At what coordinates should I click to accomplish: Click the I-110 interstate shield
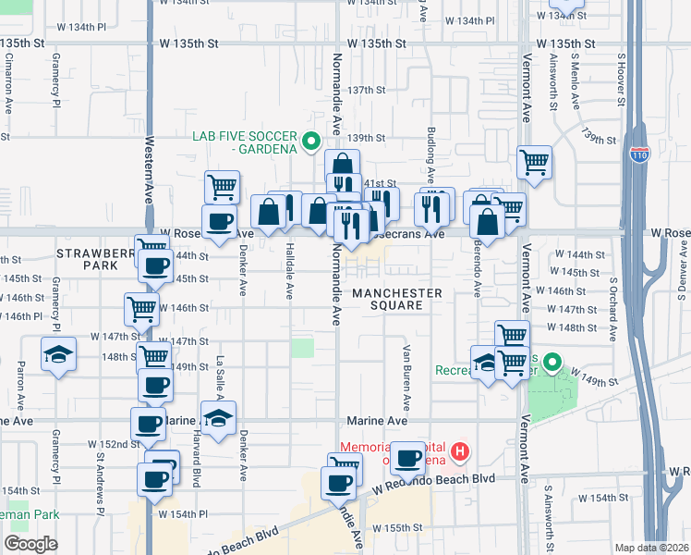[639, 155]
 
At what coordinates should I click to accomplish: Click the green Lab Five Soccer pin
[311, 142]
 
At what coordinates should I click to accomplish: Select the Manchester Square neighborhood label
[396, 300]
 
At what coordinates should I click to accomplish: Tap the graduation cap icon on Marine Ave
[218, 418]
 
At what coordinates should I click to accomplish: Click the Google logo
[31, 543]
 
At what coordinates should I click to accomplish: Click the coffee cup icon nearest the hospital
[407, 457]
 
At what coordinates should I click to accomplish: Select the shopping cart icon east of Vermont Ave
[535, 163]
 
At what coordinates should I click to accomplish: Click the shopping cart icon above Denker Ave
[222, 188]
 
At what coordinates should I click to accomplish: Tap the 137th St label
[367, 90]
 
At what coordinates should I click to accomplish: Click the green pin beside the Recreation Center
[552, 362]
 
